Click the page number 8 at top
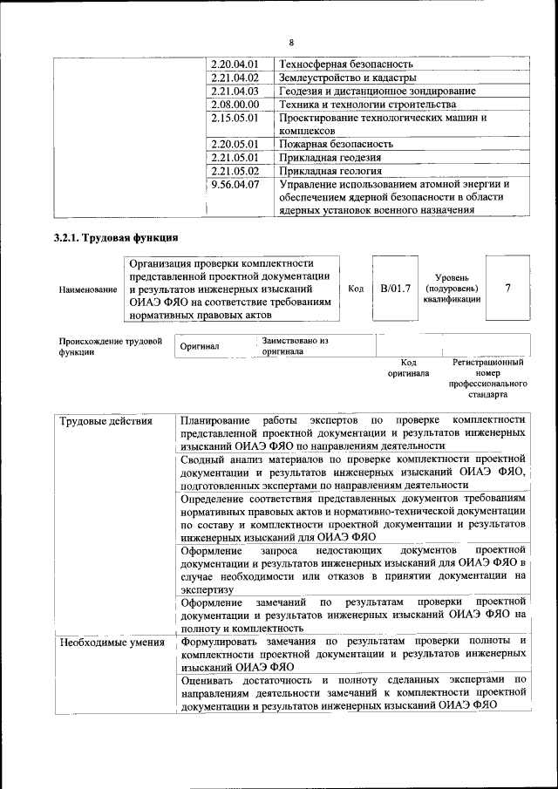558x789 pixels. tap(291, 43)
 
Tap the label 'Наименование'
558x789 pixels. tap(87, 289)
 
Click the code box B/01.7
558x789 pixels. tap(395, 288)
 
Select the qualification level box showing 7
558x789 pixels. tap(507, 288)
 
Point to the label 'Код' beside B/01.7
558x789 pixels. tap(356, 289)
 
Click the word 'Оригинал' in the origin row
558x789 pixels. tap(200, 346)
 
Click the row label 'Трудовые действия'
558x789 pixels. tap(105, 421)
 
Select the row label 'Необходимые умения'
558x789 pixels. tap(112, 643)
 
